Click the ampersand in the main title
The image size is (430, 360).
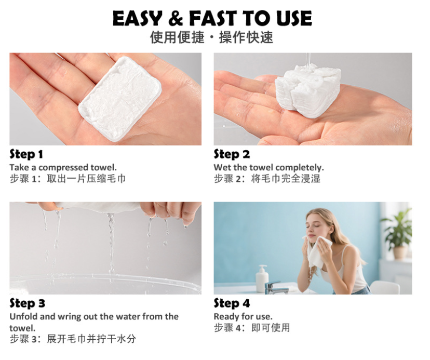(x=176, y=18)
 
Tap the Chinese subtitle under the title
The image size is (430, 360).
(x=211, y=37)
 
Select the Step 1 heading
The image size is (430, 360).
(x=26, y=154)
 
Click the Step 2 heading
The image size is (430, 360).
(x=232, y=154)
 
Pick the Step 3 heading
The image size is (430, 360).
(x=27, y=303)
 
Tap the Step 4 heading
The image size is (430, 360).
(x=232, y=303)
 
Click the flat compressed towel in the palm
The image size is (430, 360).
(x=120, y=99)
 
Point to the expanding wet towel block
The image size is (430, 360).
(x=308, y=91)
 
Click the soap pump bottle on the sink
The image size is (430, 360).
(x=262, y=278)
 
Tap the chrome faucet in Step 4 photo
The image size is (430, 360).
(x=275, y=288)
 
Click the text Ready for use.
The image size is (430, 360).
(x=243, y=317)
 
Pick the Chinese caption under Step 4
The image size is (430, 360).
(x=252, y=328)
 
